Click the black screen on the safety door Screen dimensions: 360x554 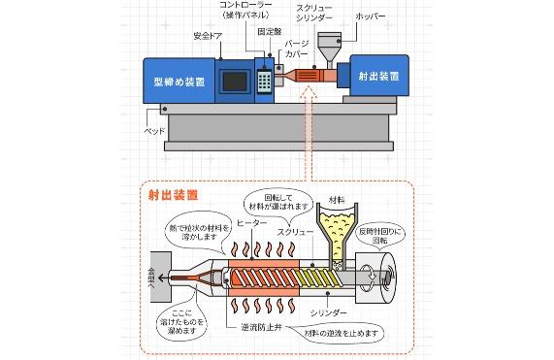(235, 82)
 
